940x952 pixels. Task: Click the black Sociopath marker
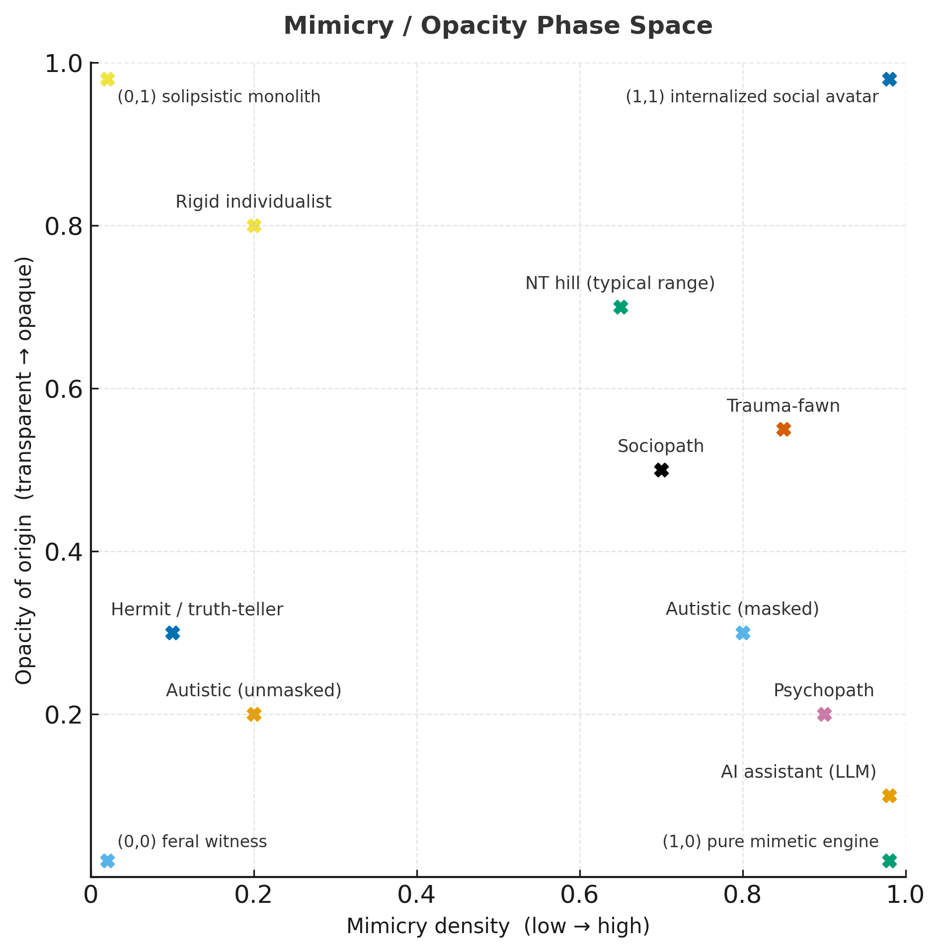click(x=661, y=470)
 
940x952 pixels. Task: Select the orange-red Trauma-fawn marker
click(x=783, y=429)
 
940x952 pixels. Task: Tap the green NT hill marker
click(x=621, y=307)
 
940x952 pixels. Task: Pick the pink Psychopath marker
click(x=824, y=714)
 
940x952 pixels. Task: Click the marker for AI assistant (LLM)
click(x=889, y=796)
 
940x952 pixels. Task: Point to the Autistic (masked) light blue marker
click(x=743, y=633)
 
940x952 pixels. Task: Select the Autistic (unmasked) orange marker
click(x=254, y=714)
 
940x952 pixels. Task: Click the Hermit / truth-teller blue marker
click(x=172, y=633)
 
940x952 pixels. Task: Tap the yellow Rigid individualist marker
click(x=254, y=226)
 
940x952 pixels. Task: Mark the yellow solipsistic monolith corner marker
click(x=107, y=79)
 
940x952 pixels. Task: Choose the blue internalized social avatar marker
click(x=889, y=79)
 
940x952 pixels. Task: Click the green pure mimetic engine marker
click(x=889, y=861)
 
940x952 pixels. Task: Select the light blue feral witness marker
click(x=107, y=861)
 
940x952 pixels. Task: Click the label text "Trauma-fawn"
click(x=783, y=406)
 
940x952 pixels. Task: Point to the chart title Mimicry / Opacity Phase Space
click(x=498, y=26)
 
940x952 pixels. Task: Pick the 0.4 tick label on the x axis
click(x=416, y=895)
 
